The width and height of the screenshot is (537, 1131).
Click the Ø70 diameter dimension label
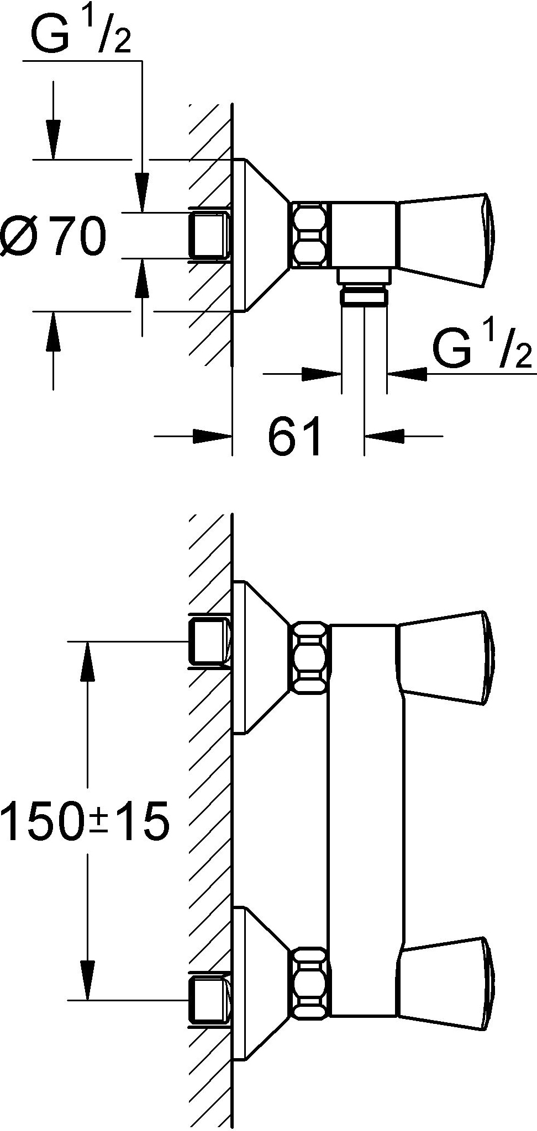coord(53,236)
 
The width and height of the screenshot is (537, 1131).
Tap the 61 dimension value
coord(295,436)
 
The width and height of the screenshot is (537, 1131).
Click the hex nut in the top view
coord(309,236)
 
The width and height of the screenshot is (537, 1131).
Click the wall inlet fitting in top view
coord(209,236)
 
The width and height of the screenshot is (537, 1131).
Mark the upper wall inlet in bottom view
coord(209,641)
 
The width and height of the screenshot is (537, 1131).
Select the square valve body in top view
coord(363,236)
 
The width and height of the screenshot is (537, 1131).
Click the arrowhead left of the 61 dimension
coord(212,436)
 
